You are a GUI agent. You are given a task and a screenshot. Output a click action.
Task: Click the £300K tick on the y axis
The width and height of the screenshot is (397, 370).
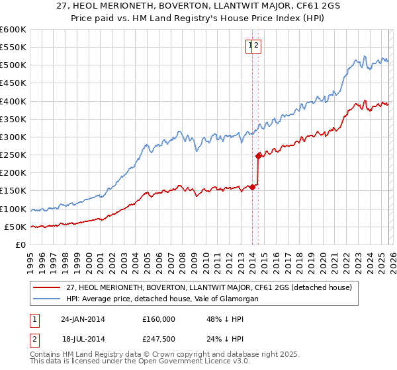coord(14,137)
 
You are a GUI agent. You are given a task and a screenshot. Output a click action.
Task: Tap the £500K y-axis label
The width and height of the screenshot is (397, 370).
coord(14,65)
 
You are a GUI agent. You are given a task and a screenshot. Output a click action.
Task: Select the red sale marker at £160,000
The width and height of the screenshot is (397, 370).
coord(253,188)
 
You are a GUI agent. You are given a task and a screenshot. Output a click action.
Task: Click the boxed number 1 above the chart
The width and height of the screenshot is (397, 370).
coord(251,46)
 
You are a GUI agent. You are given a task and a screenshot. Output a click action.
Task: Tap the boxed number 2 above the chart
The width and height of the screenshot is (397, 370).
coord(258,46)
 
